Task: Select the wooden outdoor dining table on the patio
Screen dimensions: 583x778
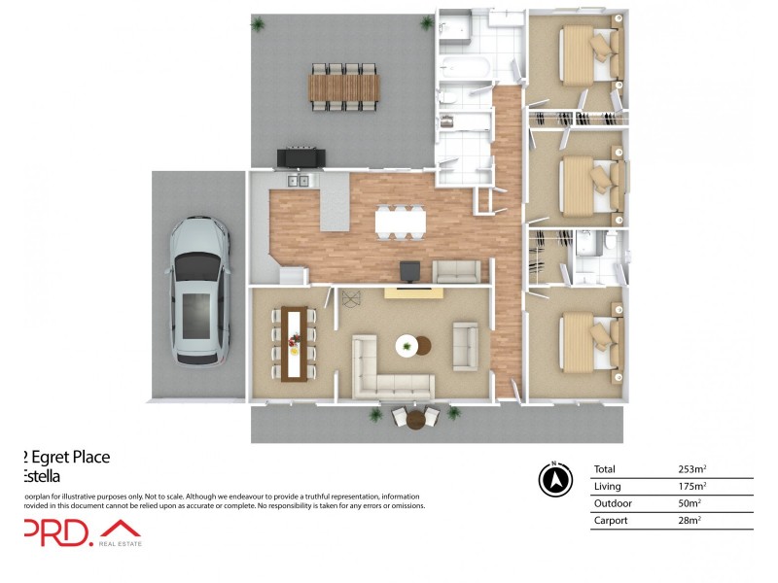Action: click(x=341, y=86)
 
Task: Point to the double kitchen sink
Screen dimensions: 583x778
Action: click(x=298, y=181)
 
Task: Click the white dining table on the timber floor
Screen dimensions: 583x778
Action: click(x=401, y=223)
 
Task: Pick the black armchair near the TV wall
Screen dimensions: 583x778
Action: click(x=410, y=272)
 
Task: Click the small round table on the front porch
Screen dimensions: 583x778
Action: click(x=415, y=420)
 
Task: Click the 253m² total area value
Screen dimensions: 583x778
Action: click(x=691, y=469)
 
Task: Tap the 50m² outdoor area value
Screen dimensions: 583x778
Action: click(x=690, y=503)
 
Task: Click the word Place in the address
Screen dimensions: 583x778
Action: click(x=88, y=457)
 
